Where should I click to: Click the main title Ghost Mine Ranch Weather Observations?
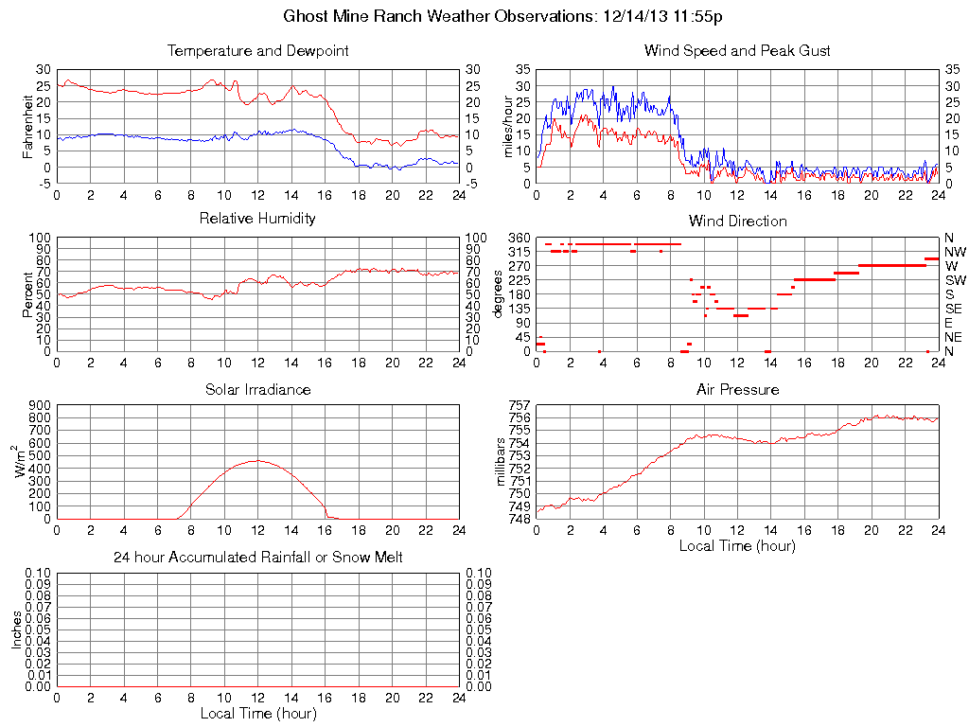(484, 16)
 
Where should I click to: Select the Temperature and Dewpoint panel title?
(257, 50)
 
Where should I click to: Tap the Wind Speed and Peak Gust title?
(737, 50)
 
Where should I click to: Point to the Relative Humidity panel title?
(257, 219)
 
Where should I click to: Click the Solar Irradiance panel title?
(257, 389)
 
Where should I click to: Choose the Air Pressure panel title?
(737, 389)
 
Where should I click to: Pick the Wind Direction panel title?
(737, 221)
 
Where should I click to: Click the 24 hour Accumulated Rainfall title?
(257, 558)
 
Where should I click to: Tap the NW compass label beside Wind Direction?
(955, 252)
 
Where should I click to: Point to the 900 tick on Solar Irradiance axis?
(38, 405)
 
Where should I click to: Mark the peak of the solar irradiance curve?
(257, 460)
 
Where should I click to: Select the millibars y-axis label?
(502, 460)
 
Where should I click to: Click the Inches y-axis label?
(16, 629)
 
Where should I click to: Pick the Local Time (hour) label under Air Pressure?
(737, 545)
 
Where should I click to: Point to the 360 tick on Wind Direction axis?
(518, 237)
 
